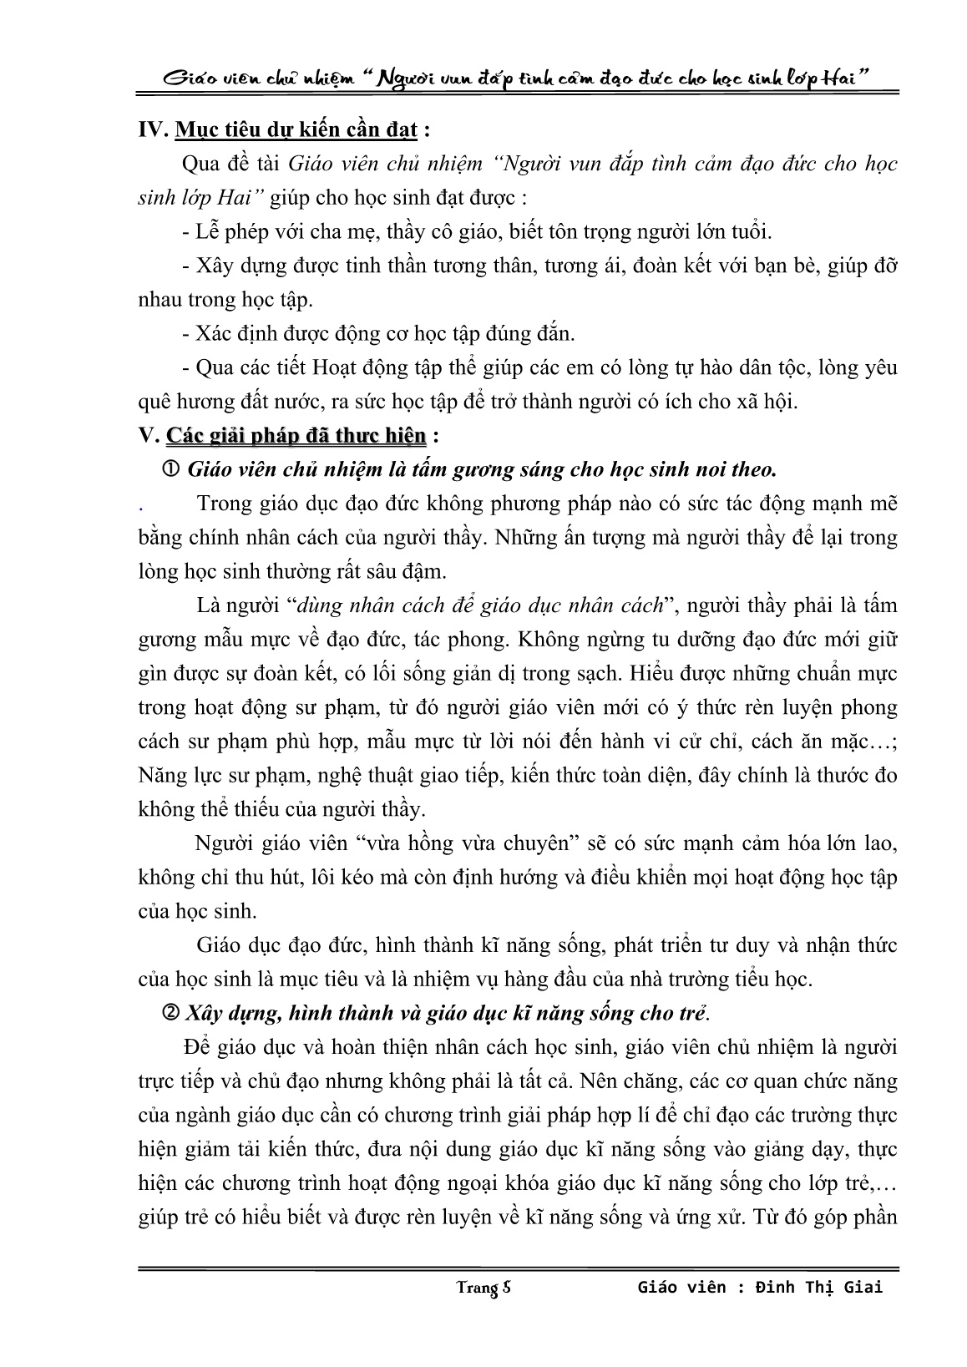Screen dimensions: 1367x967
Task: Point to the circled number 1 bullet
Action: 175,469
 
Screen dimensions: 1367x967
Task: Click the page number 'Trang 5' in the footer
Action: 483,1287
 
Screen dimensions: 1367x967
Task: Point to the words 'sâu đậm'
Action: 411,572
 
